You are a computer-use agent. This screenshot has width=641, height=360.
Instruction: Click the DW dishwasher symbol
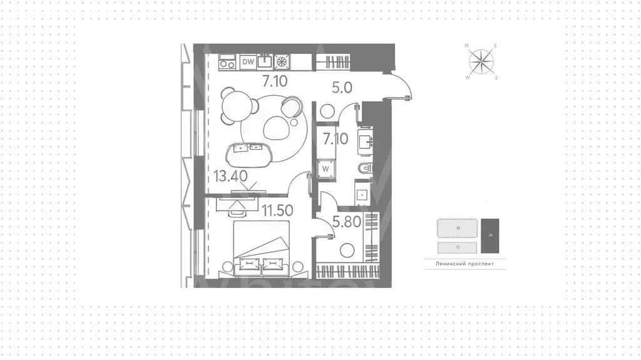pyautogui.click(x=248, y=61)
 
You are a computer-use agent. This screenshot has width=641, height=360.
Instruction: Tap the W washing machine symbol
pyautogui.click(x=326, y=168)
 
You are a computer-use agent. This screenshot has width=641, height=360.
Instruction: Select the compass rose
pyautogui.click(x=481, y=61)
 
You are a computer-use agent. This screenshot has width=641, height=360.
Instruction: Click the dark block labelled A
pyautogui.click(x=490, y=235)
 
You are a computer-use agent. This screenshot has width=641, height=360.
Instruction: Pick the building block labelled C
pyautogui.click(x=458, y=247)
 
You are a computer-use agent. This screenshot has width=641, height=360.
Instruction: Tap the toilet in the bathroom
pyautogui.click(x=366, y=167)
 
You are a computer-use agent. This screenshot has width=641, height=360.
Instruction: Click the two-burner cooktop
pyautogui.click(x=227, y=62)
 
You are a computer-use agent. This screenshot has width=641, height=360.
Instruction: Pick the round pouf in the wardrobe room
pyautogui.click(x=347, y=251)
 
